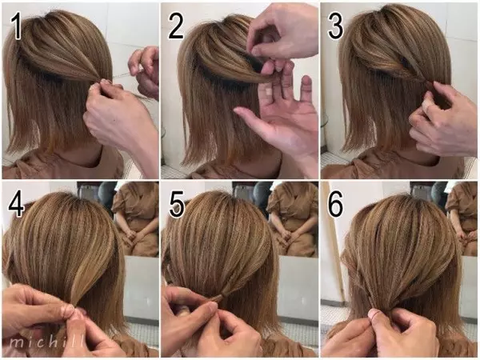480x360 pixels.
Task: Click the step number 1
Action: click(16, 26)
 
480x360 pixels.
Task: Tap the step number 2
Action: click(176, 26)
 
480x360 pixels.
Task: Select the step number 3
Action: click(335, 26)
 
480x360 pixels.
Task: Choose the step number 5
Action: click(177, 205)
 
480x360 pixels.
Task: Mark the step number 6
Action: click(336, 204)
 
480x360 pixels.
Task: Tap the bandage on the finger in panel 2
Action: click(268, 91)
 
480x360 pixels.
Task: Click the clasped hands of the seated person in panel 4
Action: click(131, 235)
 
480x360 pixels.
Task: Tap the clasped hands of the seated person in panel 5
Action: click(286, 235)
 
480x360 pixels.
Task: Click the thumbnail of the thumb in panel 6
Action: click(373, 314)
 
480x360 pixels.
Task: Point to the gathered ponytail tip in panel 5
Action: click(220, 298)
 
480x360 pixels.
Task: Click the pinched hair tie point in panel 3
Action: click(427, 82)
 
